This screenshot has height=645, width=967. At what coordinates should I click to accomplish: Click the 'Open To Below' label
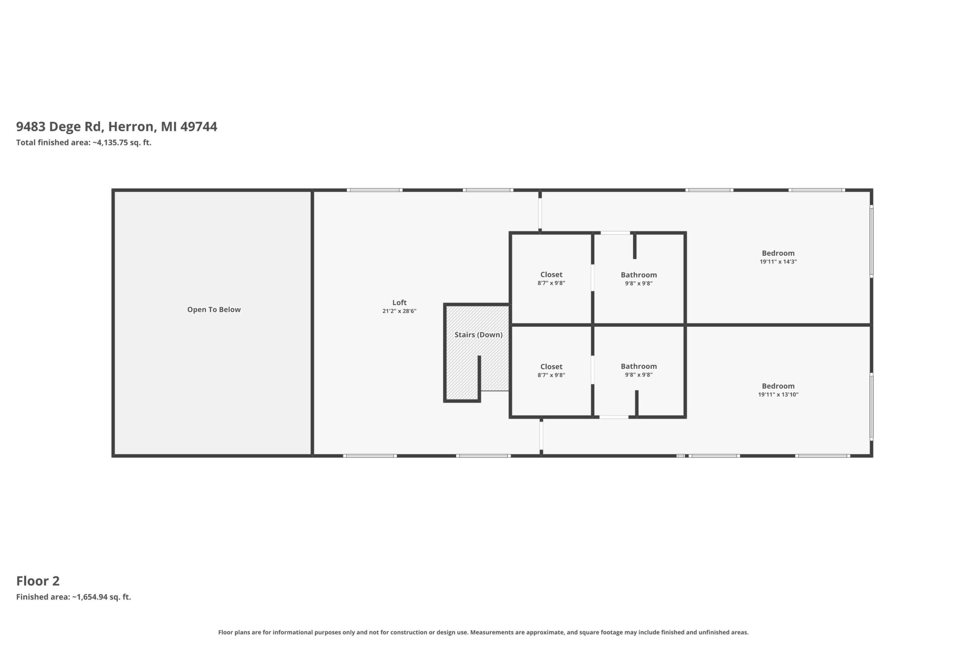pos(214,310)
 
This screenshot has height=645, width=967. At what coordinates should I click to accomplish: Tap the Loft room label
pos(399,302)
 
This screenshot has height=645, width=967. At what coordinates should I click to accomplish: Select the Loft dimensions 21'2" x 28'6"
pos(399,311)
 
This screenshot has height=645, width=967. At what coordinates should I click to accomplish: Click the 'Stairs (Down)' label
pos(478,335)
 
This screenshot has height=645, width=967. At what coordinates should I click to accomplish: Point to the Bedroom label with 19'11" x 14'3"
pos(778,254)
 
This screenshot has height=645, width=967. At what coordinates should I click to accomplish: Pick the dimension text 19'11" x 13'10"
pos(778,395)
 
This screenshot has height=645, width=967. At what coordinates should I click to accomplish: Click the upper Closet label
pos(551,274)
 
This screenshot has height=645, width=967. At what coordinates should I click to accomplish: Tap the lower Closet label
pos(551,367)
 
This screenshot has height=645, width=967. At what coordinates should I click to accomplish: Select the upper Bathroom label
pos(638,275)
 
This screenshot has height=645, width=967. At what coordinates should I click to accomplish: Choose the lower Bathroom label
pos(638,366)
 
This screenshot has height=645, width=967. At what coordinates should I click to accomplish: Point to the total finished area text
pos(84,143)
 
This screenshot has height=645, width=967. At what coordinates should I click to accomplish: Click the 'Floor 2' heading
pos(38,581)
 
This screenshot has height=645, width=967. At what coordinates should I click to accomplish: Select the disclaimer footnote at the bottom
pos(483,632)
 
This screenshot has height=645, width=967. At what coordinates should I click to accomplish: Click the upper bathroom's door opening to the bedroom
pos(616,233)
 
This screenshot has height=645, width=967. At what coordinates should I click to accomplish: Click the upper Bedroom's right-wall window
pos(871,241)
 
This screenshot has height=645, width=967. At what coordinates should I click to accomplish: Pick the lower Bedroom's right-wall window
pos(871,406)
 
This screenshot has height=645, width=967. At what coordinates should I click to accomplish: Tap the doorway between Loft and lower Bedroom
pos(541,436)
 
